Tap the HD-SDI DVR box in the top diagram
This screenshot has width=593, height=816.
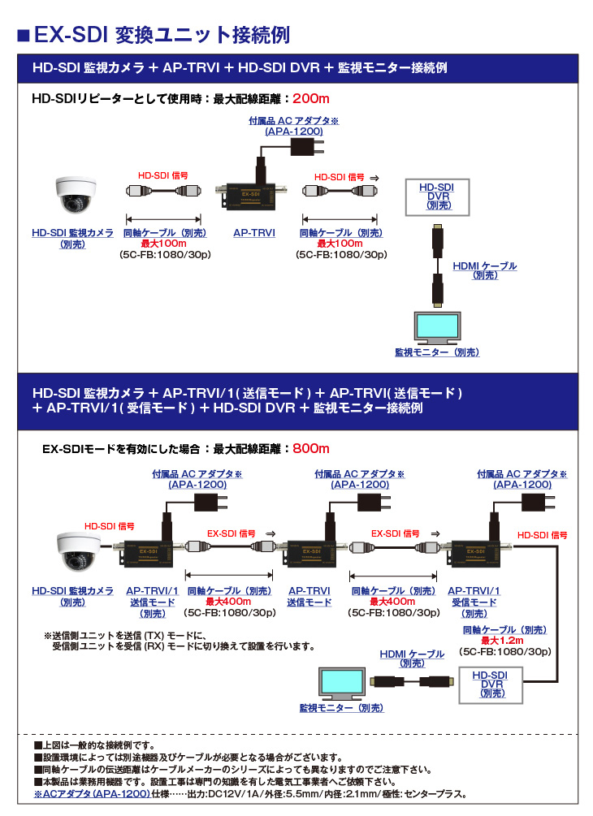[437, 197]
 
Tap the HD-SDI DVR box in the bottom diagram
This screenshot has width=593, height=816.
[491, 684]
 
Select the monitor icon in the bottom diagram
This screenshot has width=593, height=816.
[342, 684]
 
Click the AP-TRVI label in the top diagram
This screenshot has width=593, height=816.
[254, 233]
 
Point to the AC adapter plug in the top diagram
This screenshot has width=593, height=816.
[306, 147]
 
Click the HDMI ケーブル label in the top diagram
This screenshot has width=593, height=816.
[484, 266]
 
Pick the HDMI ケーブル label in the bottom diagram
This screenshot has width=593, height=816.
[412, 654]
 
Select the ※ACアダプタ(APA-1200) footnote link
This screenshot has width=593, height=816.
[92, 793]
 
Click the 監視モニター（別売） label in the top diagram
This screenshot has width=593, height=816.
[437, 352]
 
